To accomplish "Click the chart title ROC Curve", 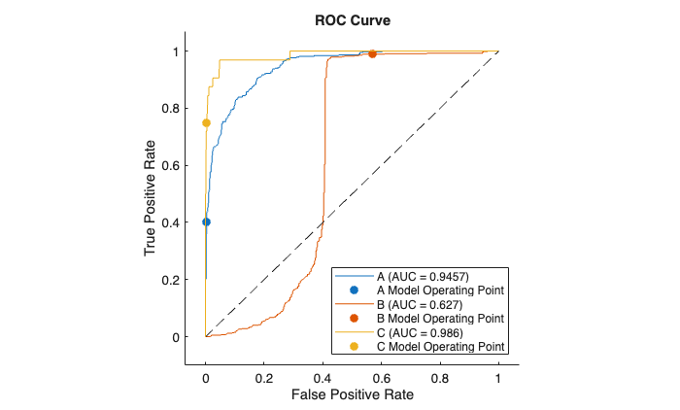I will pos(352,19).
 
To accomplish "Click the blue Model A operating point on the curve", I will pos(206,222).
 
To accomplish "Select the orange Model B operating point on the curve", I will pos(372,54).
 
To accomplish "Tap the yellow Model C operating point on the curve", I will pos(206,122).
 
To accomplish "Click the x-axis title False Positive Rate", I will pos(352,393).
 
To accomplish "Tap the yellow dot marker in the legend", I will pos(355,347).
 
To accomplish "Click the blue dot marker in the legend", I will pos(355,290).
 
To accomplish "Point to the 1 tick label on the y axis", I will pos(175,51).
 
